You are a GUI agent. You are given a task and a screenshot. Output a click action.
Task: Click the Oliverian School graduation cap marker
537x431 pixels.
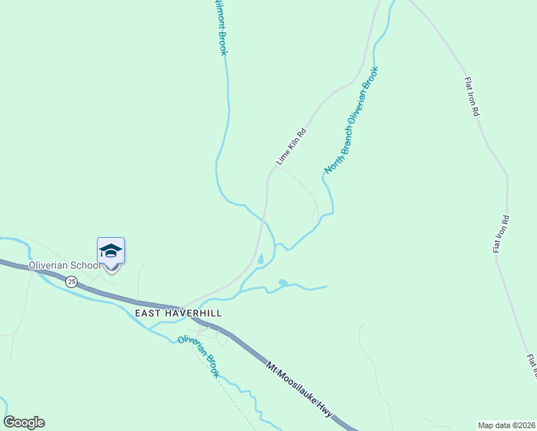pos(111,251)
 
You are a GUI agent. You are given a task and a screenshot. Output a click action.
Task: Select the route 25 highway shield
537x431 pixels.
pos(71,282)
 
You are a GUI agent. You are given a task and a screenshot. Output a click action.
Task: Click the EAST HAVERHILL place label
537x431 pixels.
pos(178,314)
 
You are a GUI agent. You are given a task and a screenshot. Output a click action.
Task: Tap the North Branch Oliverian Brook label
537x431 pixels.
pos(350,121)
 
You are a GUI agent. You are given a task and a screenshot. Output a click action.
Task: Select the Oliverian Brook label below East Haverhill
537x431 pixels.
pos(199,357)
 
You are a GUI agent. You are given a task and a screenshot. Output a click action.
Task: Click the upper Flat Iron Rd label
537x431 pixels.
pos(471,97)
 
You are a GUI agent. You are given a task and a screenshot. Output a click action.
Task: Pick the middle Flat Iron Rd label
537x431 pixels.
pos(500,234)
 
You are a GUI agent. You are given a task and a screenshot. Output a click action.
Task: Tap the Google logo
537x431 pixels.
pos(24,422)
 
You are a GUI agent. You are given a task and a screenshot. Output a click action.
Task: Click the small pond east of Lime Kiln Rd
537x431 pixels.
pos(260,259)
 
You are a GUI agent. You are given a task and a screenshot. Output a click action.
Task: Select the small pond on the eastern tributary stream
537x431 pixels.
pos(284,283)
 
